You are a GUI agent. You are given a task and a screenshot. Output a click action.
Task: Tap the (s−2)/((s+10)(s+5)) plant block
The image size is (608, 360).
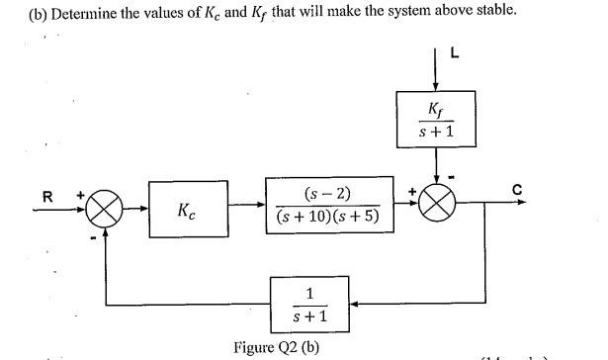328,207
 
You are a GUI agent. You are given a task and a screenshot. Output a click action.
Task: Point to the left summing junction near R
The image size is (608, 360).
108,208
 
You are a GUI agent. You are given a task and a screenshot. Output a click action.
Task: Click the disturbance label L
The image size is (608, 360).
455,53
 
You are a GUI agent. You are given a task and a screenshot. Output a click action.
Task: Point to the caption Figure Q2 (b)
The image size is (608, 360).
278,347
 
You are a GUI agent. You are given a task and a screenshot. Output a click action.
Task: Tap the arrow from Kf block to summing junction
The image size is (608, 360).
437,166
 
